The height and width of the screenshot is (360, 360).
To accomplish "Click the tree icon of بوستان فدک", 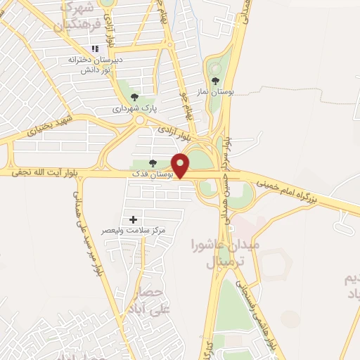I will [x=153, y=163].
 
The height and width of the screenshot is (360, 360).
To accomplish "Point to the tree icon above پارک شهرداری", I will [x=134, y=98].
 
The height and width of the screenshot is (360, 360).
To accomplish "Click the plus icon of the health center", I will [x=133, y=219].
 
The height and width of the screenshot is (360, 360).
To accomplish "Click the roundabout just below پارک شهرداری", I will [x=140, y=120].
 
